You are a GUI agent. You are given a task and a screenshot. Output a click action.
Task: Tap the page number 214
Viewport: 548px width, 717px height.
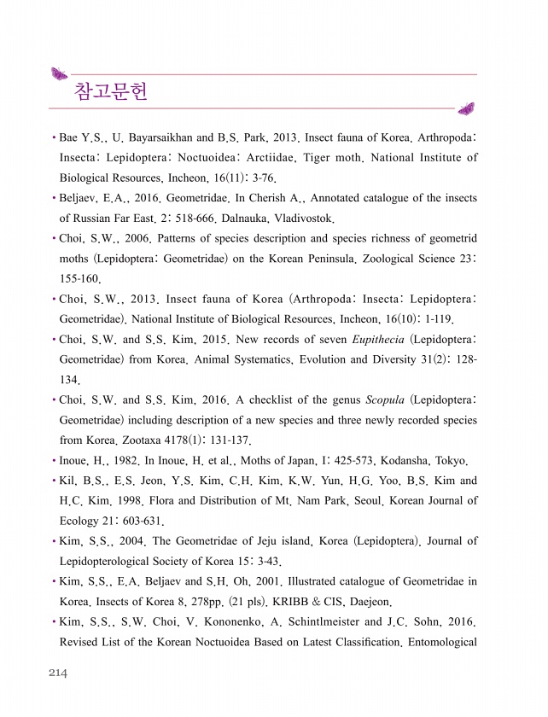coord(57,673)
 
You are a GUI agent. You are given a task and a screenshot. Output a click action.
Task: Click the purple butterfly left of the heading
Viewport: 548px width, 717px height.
coord(59,73)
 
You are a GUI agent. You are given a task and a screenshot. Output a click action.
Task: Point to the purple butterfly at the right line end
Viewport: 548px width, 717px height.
coord(466,108)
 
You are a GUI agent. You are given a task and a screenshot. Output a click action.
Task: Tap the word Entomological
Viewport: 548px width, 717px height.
coord(439,642)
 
